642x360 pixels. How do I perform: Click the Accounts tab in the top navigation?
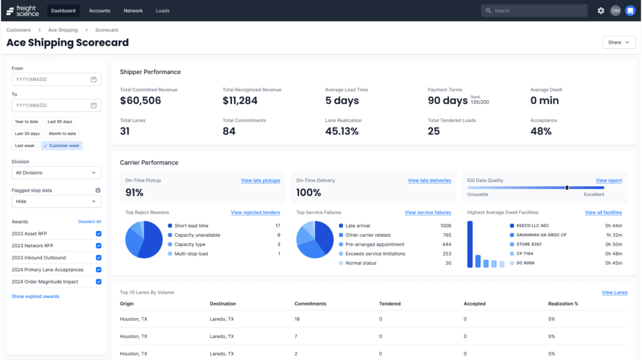[x=99, y=11]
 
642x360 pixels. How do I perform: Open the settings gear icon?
[x=601, y=11]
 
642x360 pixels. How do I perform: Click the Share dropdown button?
[x=618, y=43]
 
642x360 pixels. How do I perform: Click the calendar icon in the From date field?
[x=93, y=80]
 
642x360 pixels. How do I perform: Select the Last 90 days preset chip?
[x=60, y=121]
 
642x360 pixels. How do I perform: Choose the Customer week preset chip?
[x=61, y=145]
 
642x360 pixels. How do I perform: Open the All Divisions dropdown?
[x=56, y=172]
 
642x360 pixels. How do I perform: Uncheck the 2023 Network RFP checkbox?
[x=98, y=245]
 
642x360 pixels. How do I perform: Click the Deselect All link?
[x=89, y=222]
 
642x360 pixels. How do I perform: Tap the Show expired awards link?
[x=36, y=296]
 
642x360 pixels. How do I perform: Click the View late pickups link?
[x=260, y=180]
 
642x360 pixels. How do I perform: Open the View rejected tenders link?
[x=255, y=212]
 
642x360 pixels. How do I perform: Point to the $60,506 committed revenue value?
[x=140, y=101]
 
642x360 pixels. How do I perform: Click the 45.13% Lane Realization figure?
[x=342, y=131]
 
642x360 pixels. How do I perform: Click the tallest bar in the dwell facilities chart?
[x=470, y=244]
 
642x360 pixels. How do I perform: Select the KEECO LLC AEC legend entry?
[x=532, y=225]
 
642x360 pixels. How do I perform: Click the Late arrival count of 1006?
[x=445, y=225]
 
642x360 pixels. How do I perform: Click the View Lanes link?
[x=614, y=292]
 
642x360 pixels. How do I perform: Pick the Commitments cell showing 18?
[x=297, y=319]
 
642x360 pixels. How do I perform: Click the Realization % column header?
[x=563, y=304]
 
